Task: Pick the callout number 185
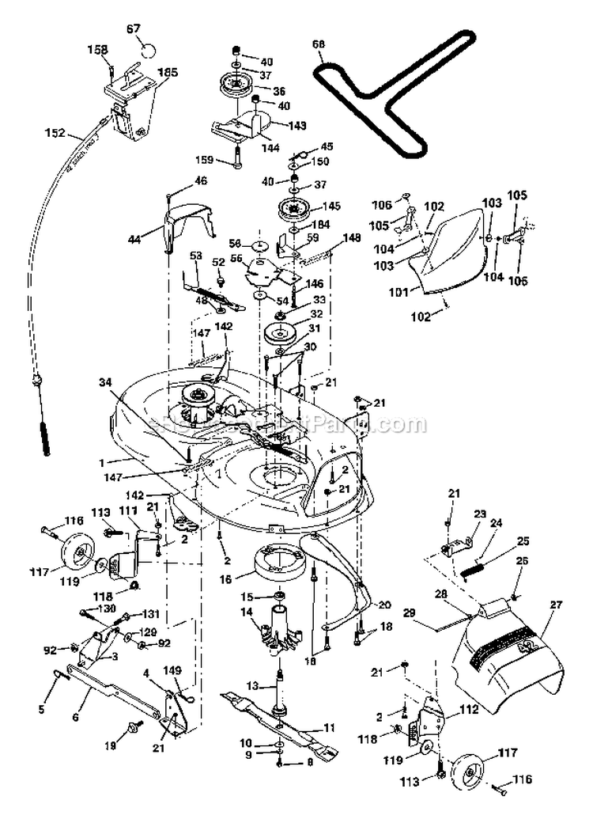pyautogui.click(x=167, y=72)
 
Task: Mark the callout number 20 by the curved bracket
pyautogui.click(x=384, y=605)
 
